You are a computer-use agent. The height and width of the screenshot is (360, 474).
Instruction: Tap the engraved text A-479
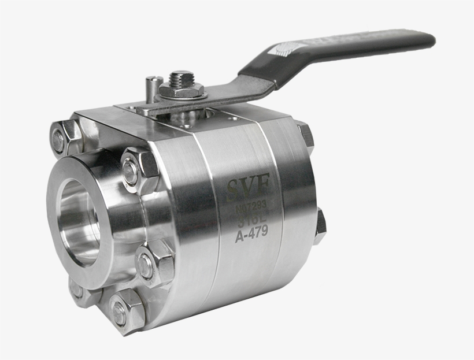[x=251, y=236]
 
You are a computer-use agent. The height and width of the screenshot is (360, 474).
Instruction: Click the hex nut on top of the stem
[x=181, y=89]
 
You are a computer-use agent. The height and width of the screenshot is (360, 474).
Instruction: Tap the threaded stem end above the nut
[x=182, y=77]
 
